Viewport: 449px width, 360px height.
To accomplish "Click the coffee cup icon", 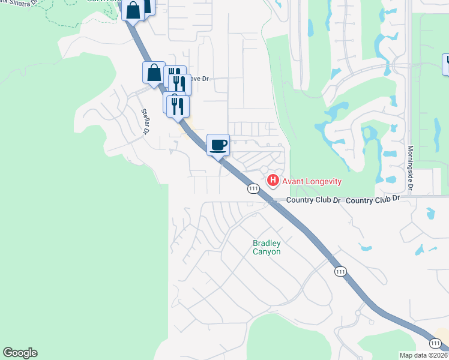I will [218, 144].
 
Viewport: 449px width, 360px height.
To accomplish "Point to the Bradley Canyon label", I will [267, 247].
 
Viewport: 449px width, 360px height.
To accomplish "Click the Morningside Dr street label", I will [411, 168].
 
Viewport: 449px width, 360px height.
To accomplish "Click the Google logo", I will [20, 353].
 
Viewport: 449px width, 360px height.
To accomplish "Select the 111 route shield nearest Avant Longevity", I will [253, 188].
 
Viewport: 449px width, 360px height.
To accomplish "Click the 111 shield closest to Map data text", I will [436, 342].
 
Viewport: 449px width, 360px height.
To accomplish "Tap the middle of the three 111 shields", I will [340, 272].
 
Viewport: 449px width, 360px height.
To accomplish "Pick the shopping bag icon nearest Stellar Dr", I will [154, 72].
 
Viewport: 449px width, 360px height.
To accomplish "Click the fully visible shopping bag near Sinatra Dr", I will [133, 10].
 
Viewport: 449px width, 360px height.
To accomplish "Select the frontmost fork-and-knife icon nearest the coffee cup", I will [178, 106].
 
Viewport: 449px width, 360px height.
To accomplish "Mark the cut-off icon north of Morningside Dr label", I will [446, 64].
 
